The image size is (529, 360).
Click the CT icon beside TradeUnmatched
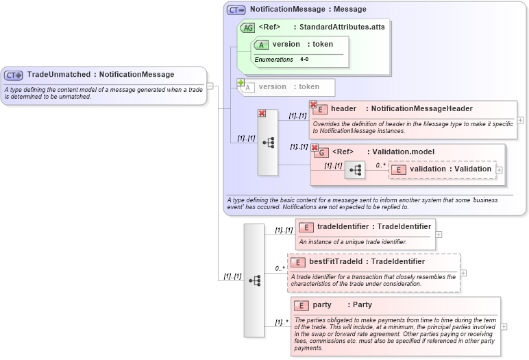pos(14,75)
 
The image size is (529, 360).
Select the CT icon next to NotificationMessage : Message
pos(236,10)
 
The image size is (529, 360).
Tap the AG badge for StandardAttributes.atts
pos(247,27)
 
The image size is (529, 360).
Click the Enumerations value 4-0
pos(304,60)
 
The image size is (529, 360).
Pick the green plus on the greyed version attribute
pos(241,83)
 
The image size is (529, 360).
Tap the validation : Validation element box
pos(441,169)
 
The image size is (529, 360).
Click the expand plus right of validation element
pos(499,169)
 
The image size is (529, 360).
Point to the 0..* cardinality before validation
pos(380,165)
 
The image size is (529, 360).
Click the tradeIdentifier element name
pos(343,227)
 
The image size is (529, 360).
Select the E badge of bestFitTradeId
pos(298,262)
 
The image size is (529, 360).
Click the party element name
pos(322,305)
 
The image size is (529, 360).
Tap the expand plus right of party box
pos(504,326)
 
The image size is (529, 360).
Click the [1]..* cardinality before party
pos(281,322)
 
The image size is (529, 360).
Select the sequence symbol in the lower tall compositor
pos(254,280)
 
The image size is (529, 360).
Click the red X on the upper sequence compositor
pos(261,114)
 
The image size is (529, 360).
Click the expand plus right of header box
pos(521,119)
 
